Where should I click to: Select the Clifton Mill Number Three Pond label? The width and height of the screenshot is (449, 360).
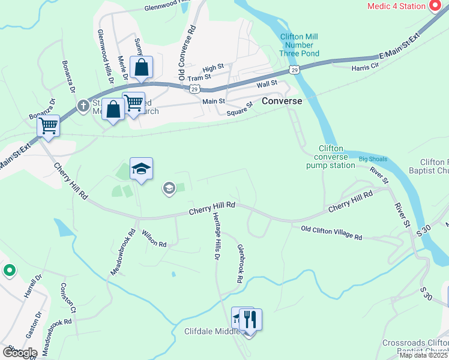click(x=299, y=45)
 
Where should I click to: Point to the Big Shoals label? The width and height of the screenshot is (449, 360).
click(x=373, y=159)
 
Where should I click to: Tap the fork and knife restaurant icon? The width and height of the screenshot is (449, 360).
click(x=251, y=319)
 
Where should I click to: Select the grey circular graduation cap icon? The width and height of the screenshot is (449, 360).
click(x=169, y=189)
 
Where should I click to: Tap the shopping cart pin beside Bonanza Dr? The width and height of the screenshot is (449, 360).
click(x=48, y=126)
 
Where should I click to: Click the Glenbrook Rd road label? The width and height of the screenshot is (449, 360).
click(x=240, y=263)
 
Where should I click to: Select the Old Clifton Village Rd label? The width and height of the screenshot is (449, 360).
click(x=331, y=233)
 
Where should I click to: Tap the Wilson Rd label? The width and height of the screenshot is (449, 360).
click(x=154, y=239)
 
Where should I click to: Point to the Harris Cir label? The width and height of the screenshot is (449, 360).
click(x=365, y=67)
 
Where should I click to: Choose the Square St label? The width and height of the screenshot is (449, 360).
click(x=240, y=109)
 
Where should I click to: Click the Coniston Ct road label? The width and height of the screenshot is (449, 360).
click(x=67, y=298)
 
